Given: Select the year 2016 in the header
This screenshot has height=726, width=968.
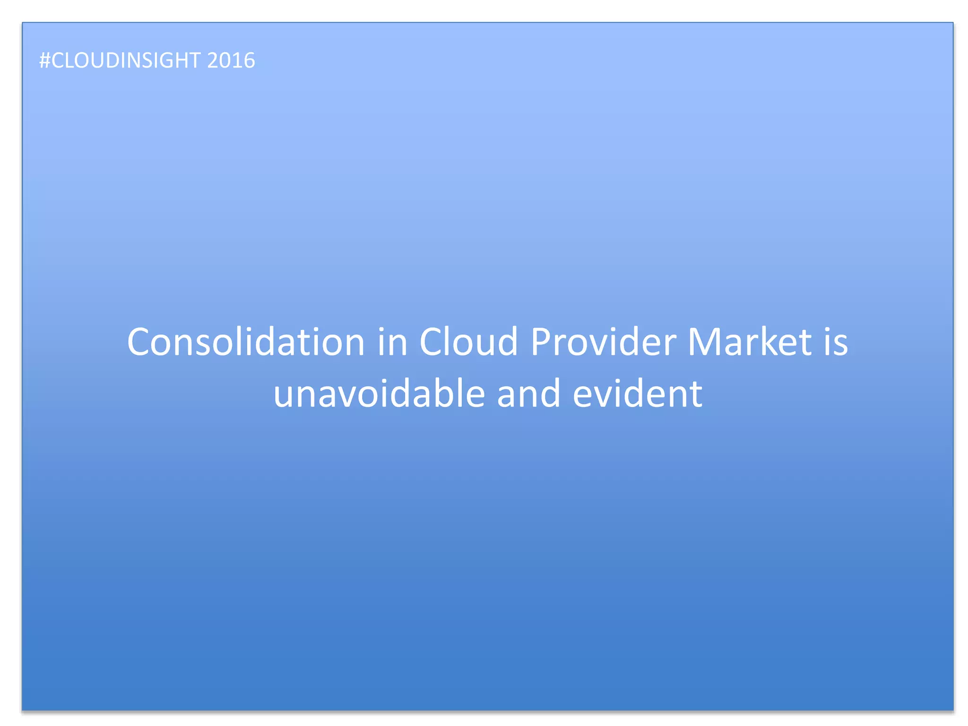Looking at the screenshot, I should pos(231,60).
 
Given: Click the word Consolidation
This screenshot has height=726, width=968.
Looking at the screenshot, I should pos(246,342).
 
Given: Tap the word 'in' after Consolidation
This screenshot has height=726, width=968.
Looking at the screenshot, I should pos(392,342).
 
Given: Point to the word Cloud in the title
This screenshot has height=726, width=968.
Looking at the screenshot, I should pos(468,342).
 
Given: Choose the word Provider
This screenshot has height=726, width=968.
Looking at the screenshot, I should pos(603,342).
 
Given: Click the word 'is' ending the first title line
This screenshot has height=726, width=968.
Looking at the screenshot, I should pos(836,342).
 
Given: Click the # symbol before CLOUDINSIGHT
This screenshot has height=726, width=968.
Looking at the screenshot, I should pos(44,60).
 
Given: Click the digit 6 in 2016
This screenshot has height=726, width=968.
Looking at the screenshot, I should pos(249,60).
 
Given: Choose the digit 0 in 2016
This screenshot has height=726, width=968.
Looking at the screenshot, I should pos(225,60).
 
